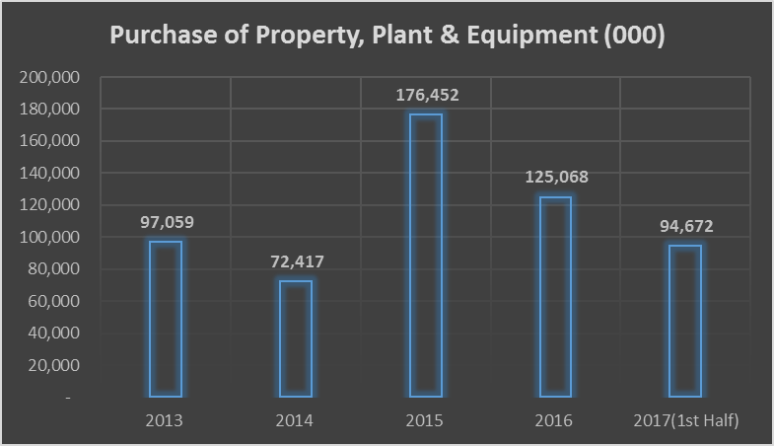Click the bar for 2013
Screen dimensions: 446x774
point(165,319)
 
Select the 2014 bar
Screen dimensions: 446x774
point(295,338)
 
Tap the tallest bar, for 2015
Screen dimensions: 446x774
point(425,256)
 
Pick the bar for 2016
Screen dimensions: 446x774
point(555,297)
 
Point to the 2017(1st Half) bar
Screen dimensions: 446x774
point(685,321)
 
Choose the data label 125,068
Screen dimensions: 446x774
point(555,178)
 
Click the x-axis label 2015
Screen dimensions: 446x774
point(425,421)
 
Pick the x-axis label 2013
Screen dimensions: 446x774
point(165,421)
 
